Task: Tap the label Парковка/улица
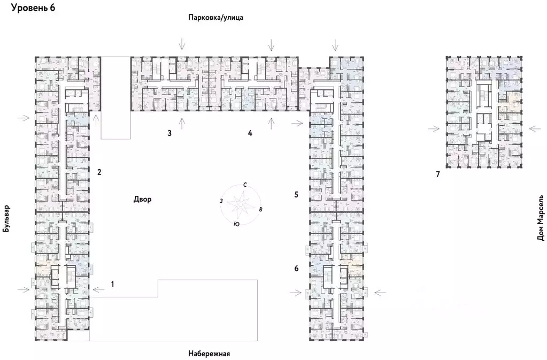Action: coord(215,18)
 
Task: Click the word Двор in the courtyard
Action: coord(143,200)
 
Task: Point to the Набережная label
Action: coord(209,354)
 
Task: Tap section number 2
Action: coord(99,172)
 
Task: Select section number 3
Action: coord(169,133)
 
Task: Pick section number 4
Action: coord(250,133)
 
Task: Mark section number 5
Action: coord(296,194)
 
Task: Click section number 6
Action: coord(296,268)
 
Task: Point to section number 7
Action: coord(437,174)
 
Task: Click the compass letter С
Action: coord(245,185)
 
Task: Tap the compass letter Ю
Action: coord(236,225)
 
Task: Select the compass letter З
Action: coord(221,201)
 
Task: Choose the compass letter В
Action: coord(260,209)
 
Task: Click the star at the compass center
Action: coord(240,204)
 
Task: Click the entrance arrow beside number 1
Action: coord(98,289)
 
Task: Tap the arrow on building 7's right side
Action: coord(535,128)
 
